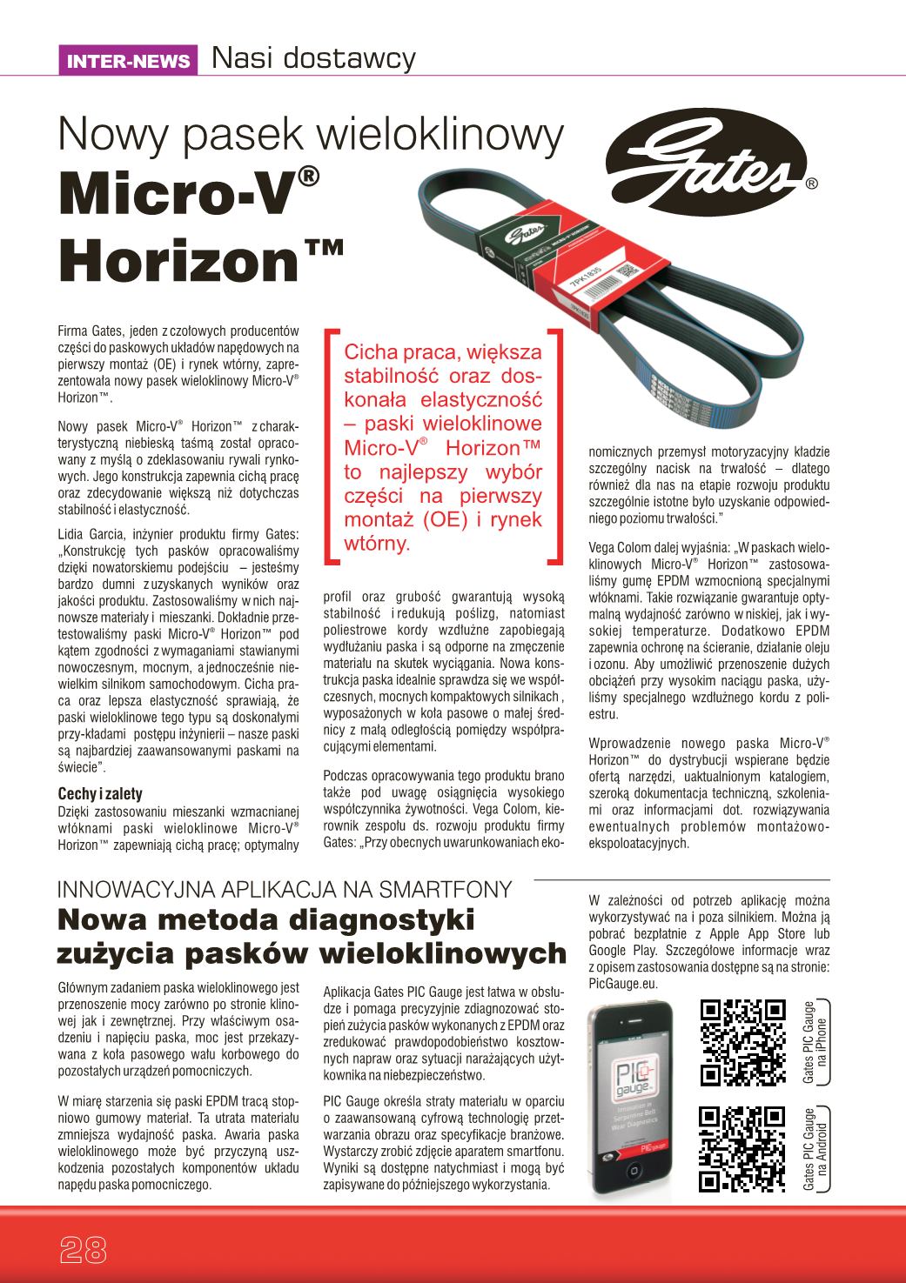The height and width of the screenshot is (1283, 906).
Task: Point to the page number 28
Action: [83, 1249]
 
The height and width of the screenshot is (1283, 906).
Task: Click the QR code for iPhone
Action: [742, 1042]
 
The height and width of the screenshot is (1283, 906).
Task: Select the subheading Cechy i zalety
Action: [99, 793]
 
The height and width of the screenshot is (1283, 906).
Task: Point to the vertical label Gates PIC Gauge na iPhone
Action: [815, 1041]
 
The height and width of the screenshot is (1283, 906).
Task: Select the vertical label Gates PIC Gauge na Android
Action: [815, 1148]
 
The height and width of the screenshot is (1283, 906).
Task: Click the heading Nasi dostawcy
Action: [313, 59]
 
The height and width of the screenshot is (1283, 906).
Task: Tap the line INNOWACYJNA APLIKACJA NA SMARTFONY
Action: [284, 888]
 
